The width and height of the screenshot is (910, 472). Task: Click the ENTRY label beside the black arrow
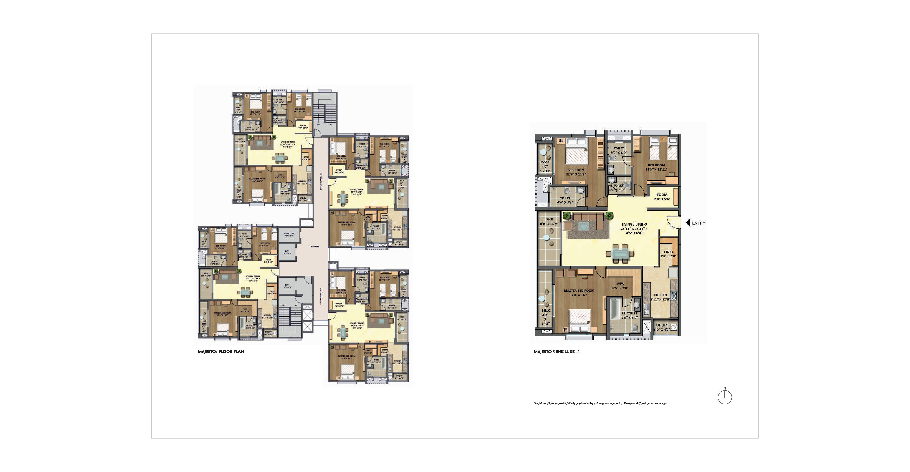coord(698,223)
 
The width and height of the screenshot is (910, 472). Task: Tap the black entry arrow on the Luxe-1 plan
coord(688,223)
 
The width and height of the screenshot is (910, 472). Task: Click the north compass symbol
coord(725,397)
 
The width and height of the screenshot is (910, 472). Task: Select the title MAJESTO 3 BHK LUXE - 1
coord(556,352)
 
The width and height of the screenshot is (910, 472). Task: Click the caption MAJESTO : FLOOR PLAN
coord(221,352)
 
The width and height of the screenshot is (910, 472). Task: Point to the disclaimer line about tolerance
coord(600,403)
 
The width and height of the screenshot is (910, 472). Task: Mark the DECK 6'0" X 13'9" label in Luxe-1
coord(549,222)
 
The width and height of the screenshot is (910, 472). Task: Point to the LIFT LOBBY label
coord(314,247)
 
